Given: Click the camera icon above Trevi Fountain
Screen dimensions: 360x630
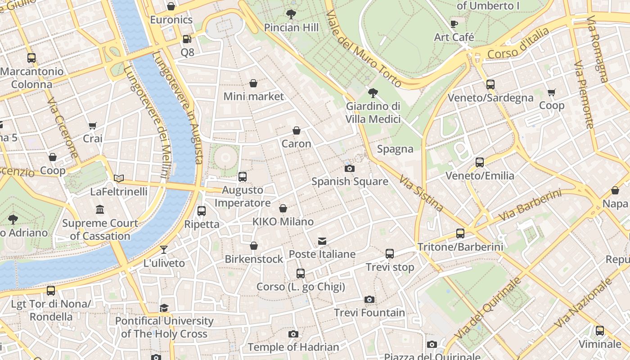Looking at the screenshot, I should [369, 300].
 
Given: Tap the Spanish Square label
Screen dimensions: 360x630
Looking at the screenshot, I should [350, 181].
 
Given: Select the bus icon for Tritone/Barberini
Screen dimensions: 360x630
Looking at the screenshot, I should [460, 234].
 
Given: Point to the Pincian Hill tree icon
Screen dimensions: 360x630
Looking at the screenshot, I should [291, 14].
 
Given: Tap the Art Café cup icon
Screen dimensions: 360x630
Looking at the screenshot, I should [454, 24].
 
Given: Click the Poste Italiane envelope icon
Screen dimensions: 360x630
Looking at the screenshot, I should [322, 241].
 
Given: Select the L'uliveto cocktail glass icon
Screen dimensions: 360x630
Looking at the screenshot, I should [164, 250].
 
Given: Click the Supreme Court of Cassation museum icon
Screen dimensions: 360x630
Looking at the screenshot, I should [100, 210].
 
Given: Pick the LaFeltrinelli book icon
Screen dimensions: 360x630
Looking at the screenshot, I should [119, 179].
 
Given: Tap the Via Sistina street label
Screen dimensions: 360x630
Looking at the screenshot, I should [421, 193].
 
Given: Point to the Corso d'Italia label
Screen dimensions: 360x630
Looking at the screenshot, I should [518, 44].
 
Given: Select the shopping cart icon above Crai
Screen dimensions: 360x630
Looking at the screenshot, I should [93, 126].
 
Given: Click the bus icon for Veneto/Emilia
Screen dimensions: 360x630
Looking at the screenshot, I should [480, 162].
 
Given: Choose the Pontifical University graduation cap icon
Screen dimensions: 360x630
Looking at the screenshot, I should [164, 308].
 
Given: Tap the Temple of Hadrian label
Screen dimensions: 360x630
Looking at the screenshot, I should [293, 347].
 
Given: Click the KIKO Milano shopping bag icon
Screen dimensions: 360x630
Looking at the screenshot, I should [283, 208].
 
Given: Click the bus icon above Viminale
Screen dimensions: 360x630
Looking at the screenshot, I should [599, 331].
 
